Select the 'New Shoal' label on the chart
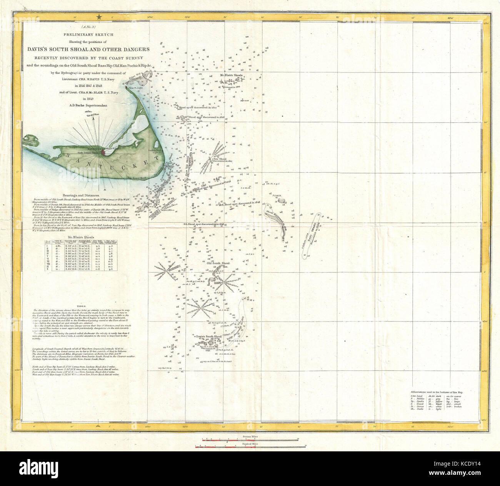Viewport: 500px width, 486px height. (x=220, y=159)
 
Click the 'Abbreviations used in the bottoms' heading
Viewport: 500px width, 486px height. (x=437, y=392)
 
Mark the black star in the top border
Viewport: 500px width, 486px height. (x=100, y=16)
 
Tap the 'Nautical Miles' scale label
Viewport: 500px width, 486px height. (x=250, y=444)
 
